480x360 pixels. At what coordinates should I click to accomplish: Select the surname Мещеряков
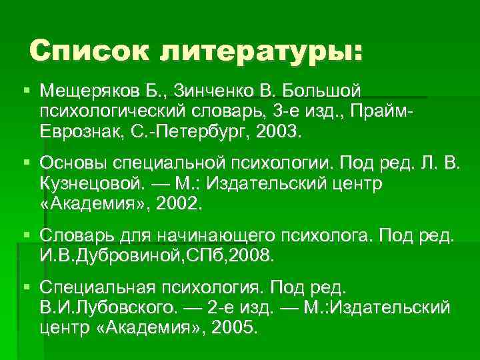[85, 89]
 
